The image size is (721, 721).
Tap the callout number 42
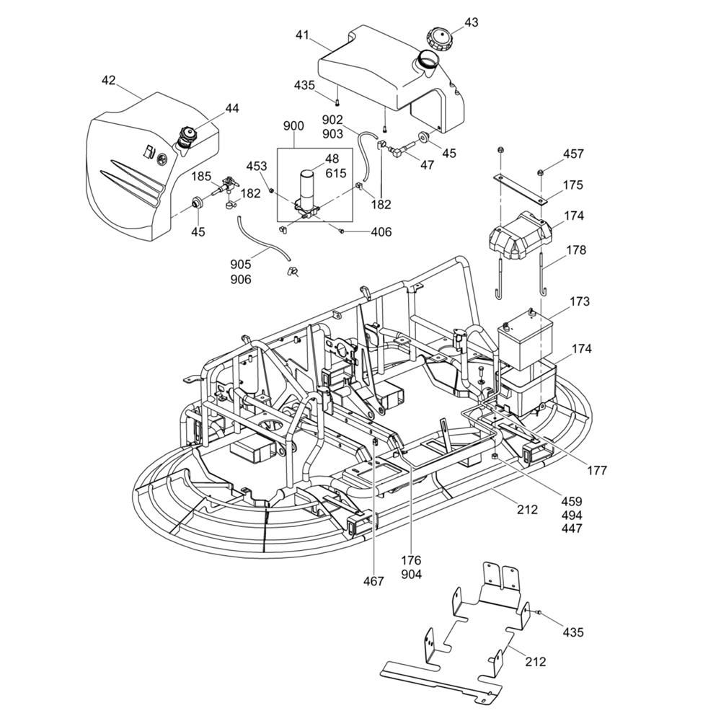point(108,81)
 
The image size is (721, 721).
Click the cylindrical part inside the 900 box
point(308,187)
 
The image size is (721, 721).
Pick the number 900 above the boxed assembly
point(293,126)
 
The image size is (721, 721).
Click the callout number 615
point(336,173)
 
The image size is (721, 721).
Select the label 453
point(257,167)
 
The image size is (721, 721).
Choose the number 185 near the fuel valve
point(201,177)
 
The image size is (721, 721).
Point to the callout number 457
point(573,154)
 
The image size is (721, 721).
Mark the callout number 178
point(575,250)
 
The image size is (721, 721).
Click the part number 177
point(596,470)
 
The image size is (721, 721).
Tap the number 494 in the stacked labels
point(571,515)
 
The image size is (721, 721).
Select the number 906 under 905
point(241,280)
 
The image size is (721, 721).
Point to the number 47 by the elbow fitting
point(428,165)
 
